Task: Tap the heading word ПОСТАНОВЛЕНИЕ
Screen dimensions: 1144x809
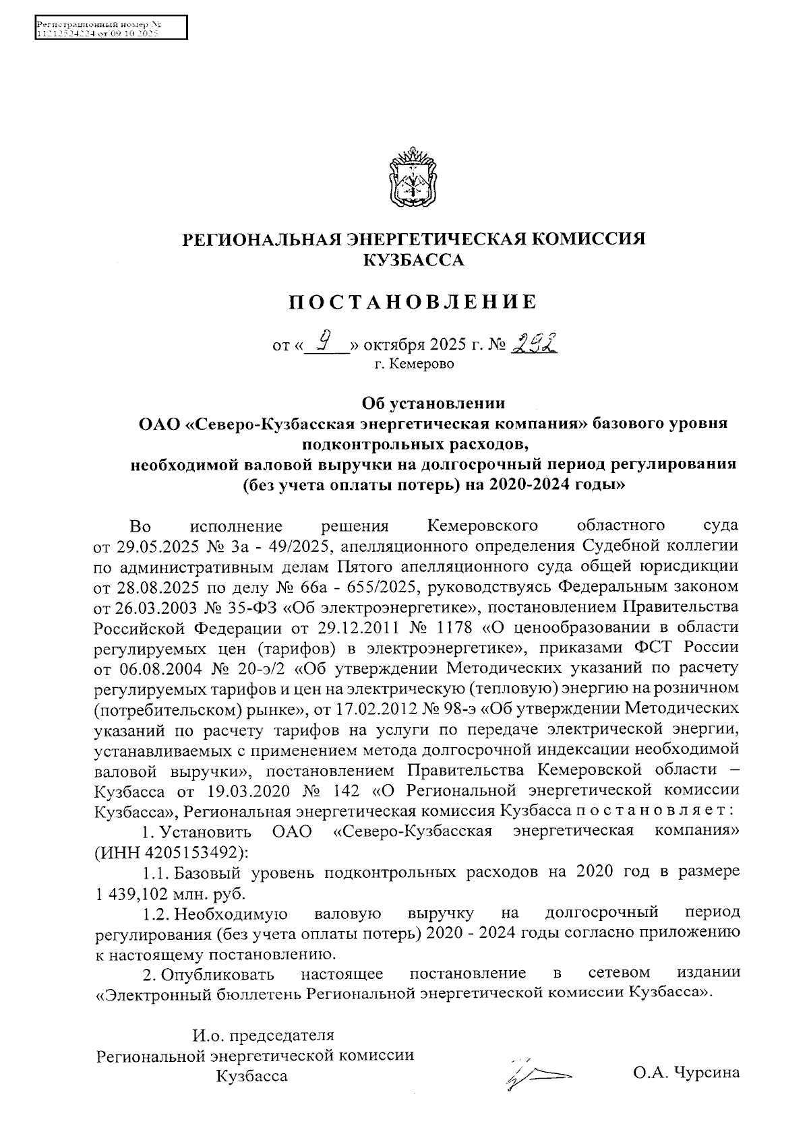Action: [413, 303]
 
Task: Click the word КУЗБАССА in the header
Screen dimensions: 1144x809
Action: [413, 260]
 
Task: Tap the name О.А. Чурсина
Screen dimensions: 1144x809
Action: [686, 1072]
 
